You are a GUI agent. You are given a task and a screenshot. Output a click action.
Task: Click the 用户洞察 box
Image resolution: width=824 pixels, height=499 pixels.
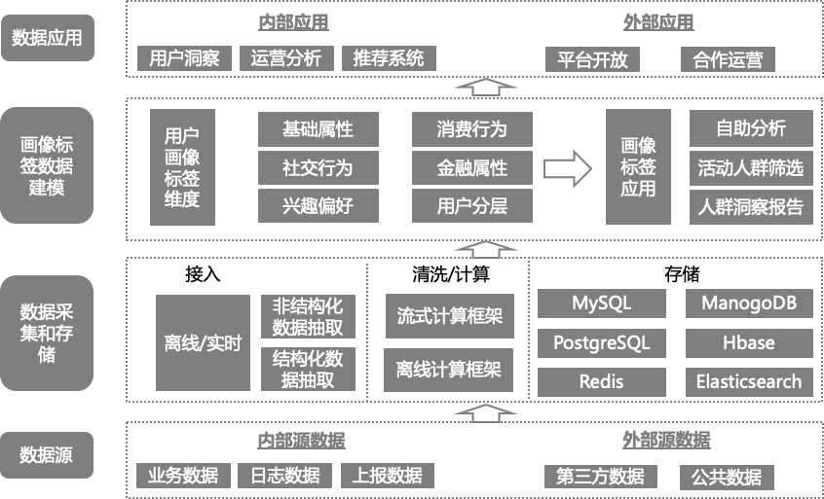pyautogui.click(x=184, y=58)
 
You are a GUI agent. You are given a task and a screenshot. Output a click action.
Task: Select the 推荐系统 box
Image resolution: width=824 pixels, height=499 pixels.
pyautogui.click(x=389, y=58)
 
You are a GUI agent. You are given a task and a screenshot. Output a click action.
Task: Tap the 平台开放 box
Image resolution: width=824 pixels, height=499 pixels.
pyautogui.click(x=592, y=59)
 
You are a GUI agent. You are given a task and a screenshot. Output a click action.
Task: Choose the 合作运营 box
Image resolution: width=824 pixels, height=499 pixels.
pyautogui.click(x=728, y=59)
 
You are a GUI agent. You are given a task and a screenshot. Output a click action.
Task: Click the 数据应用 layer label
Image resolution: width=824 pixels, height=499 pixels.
pyautogui.click(x=47, y=39)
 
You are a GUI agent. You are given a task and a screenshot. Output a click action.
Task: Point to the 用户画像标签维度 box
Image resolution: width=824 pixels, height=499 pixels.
pyautogui.click(x=183, y=167)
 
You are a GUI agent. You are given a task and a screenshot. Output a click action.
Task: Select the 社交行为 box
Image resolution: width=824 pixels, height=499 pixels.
pyautogui.click(x=318, y=167)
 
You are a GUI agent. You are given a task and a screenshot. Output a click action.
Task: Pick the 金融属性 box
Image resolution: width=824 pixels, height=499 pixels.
pyautogui.click(x=472, y=167)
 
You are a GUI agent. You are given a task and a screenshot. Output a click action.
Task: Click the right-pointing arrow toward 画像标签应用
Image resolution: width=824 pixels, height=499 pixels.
pyautogui.click(x=568, y=167)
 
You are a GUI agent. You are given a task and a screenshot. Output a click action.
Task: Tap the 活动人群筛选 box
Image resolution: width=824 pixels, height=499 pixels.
pyautogui.click(x=751, y=167)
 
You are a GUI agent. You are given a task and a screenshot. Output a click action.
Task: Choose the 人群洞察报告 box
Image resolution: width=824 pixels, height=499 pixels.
pyautogui.click(x=751, y=205)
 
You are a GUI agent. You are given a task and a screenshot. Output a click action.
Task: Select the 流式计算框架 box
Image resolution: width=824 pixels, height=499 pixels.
pyautogui.click(x=449, y=316)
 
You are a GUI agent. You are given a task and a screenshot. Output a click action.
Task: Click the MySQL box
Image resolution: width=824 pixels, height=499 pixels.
pyautogui.click(x=601, y=303)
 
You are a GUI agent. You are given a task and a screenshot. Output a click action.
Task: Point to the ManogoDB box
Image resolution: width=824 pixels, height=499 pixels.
pyautogui.click(x=749, y=303)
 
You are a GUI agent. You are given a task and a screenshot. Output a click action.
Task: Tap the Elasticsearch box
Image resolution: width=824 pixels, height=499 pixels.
pyautogui.click(x=749, y=381)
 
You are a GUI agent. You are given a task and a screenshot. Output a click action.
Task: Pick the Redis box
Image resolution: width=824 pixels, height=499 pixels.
pyautogui.click(x=601, y=381)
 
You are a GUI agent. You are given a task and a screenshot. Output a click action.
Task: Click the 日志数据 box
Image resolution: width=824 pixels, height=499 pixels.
pyautogui.click(x=284, y=476)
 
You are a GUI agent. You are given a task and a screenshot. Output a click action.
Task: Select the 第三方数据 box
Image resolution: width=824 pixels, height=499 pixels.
pyautogui.click(x=600, y=477)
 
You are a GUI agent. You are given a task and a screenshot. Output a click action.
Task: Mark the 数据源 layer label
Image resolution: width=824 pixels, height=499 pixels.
pyautogui.click(x=47, y=454)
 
